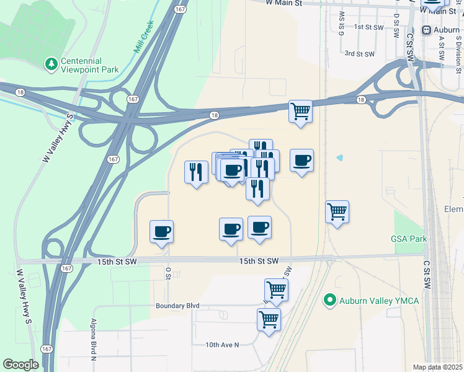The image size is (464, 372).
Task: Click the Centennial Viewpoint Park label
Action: [x=89, y=66]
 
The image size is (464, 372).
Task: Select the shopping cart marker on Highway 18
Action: [x=300, y=112]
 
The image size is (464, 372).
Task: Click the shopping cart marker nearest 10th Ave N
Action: [x=269, y=320]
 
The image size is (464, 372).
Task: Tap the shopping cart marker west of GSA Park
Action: [x=337, y=211]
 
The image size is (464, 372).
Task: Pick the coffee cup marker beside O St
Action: [x=161, y=232]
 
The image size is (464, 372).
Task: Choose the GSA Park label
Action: [x=409, y=239]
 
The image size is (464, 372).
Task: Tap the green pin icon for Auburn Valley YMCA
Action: [x=330, y=301]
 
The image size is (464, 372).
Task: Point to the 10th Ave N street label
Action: [x=222, y=345]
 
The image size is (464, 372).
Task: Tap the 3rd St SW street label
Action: [x=360, y=54]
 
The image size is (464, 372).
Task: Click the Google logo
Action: [x=21, y=365]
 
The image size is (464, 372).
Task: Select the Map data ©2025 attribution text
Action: [x=437, y=367]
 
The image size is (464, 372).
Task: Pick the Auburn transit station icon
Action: [x=427, y=30]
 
